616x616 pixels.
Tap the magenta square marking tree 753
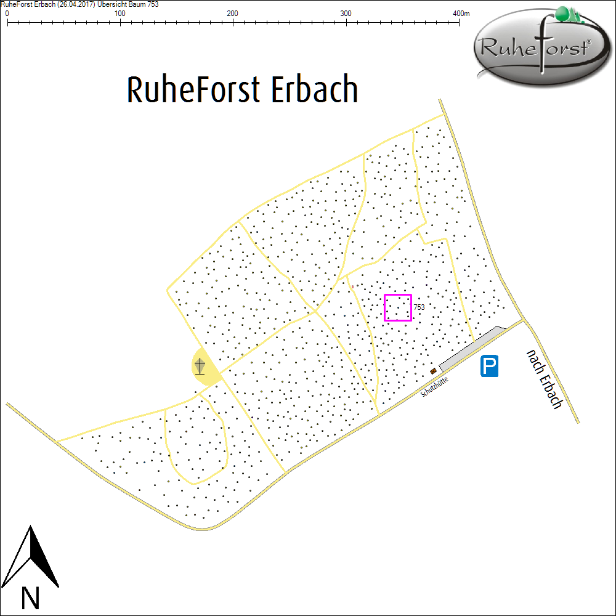tap(397, 307)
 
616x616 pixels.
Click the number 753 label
tap(419, 307)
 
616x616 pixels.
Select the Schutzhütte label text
tap(434, 386)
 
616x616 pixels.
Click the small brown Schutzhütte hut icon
tap(434, 371)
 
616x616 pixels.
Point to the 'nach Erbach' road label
tap(544, 379)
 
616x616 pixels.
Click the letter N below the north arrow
tap(30, 597)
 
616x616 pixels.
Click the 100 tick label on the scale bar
tap(120, 14)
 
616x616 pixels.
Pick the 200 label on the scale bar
tap(233, 14)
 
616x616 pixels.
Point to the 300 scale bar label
tap(346, 14)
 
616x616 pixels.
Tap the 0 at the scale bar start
tap(7, 14)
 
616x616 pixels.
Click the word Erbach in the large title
tap(314, 90)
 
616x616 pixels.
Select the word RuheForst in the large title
tap(193, 90)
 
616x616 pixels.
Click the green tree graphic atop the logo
tap(567, 14)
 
